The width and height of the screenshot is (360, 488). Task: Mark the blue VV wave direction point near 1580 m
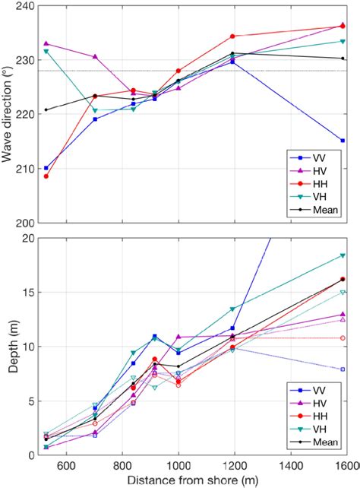343,141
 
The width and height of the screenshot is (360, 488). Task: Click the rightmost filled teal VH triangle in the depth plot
343,255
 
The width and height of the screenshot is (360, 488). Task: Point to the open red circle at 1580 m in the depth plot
343,337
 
